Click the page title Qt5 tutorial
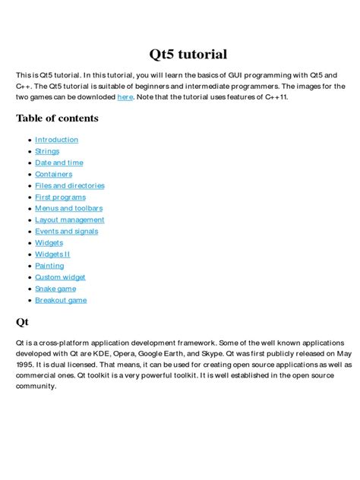(x=187, y=54)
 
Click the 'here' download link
(x=125, y=98)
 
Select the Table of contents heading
(x=57, y=118)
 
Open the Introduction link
(x=56, y=140)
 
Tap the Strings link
(x=47, y=151)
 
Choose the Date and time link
(x=58, y=163)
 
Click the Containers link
(x=53, y=174)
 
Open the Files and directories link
(x=69, y=185)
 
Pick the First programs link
(x=60, y=197)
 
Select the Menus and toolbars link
(x=68, y=208)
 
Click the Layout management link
(x=69, y=220)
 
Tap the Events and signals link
(x=66, y=232)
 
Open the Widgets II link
(x=52, y=254)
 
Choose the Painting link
(x=49, y=266)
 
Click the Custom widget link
(x=60, y=277)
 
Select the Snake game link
(x=55, y=289)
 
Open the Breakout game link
(x=61, y=300)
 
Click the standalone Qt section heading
(x=22, y=321)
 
